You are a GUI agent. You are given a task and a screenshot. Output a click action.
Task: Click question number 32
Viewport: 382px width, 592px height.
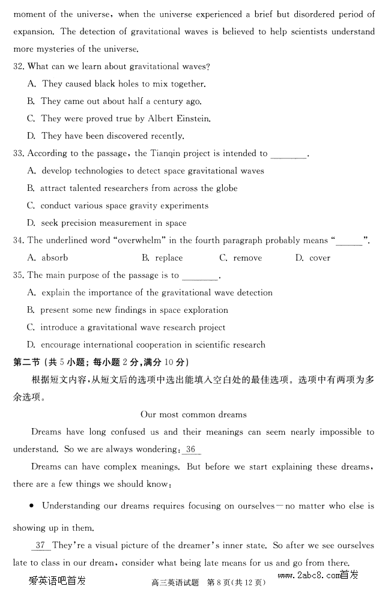click(19, 67)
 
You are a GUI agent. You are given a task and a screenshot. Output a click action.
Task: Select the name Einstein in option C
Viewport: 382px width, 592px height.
click(192, 119)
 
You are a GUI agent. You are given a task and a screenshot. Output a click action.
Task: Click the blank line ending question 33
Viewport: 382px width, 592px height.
click(288, 154)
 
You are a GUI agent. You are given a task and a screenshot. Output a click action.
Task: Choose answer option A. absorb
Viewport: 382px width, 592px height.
click(48, 258)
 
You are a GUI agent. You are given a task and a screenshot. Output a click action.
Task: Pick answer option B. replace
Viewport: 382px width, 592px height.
click(162, 258)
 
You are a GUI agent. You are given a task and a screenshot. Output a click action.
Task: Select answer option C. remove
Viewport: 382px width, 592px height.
click(240, 258)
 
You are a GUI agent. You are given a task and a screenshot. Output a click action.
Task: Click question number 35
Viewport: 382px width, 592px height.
click(19, 276)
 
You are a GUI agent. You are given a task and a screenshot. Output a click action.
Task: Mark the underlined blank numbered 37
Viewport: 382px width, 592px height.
click(40, 546)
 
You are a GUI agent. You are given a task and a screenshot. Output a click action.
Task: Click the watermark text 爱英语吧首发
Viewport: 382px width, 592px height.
click(57, 581)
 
